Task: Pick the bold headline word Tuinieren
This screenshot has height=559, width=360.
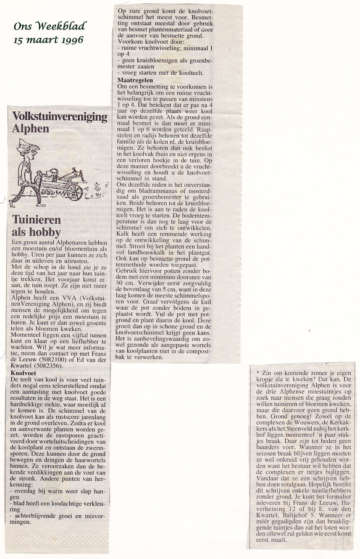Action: pos(37,220)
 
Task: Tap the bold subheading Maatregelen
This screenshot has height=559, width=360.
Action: pos(136,79)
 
